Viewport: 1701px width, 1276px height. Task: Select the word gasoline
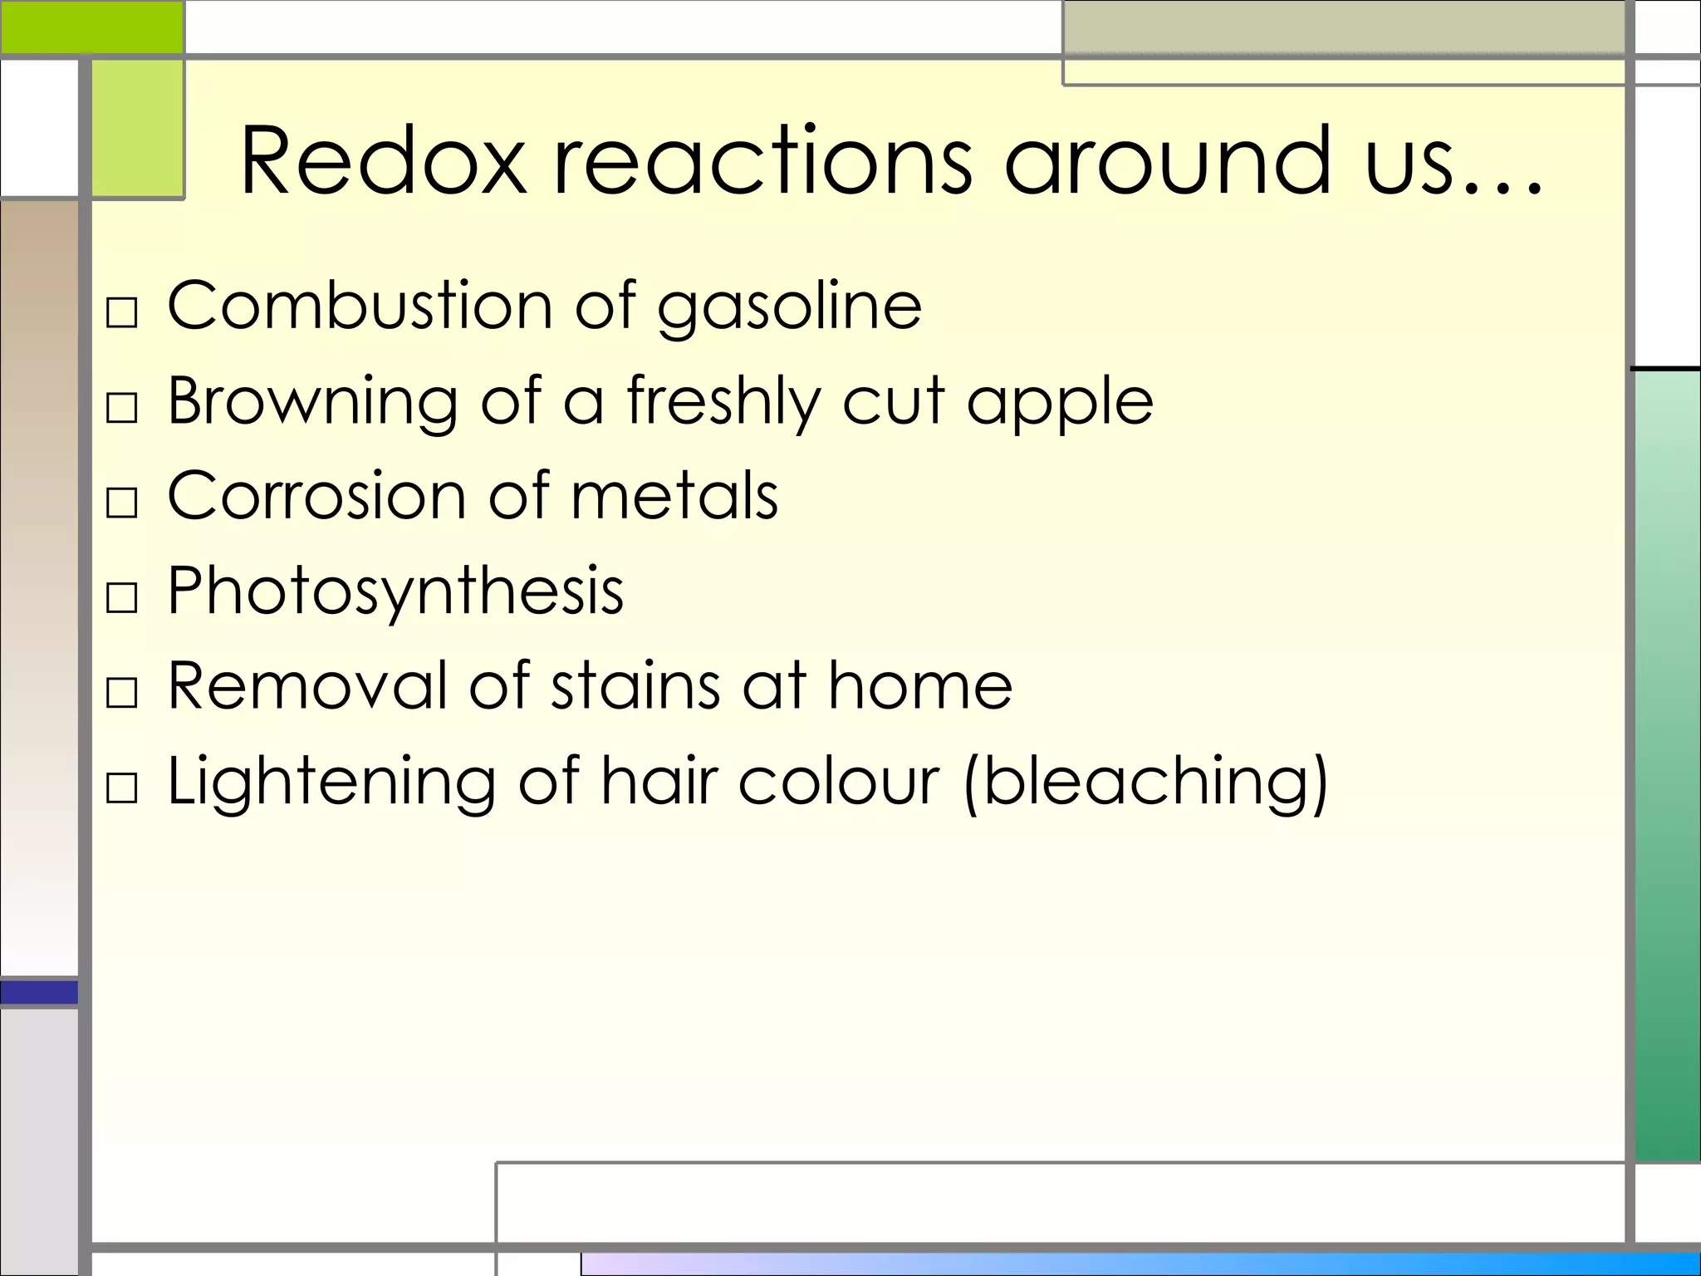tap(789, 307)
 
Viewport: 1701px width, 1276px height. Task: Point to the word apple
tap(1060, 404)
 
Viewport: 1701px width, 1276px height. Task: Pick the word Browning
tap(312, 402)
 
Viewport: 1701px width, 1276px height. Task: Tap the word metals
tap(674, 496)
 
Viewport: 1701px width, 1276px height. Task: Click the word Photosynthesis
tap(395, 592)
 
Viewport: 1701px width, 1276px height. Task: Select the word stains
tap(635, 686)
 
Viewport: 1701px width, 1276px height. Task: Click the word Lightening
tap(331, 783)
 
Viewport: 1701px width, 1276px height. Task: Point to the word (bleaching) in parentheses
tap(1146, 783)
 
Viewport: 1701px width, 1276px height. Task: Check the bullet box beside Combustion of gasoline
tap(122, 313)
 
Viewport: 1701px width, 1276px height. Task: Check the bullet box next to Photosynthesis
tap(122, 597)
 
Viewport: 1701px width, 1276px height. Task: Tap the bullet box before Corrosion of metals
tap(122, 503)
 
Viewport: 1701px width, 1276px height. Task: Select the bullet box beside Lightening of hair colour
tap(122, 788)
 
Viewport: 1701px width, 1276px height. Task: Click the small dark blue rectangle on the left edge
tap(39, 992)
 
